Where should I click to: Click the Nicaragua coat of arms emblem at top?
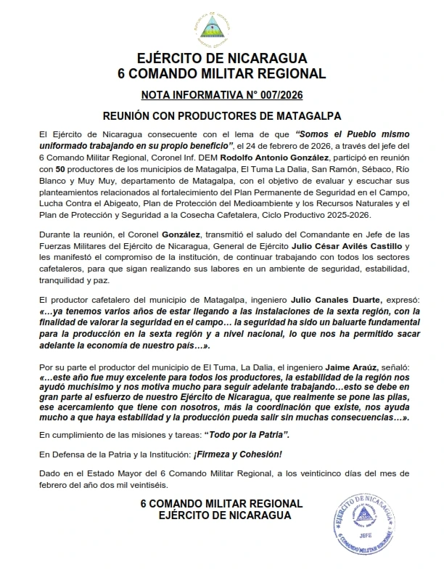pyautogui.click(x=221, y=27)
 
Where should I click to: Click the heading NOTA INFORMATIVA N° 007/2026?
pyautogui.click(x=221, y=94)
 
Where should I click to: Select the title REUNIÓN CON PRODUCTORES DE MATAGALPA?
pyautogui.click(x=221, y=115)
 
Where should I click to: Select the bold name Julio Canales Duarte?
pyautogui.click(x=320, y=299)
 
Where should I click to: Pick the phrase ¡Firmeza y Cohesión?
pyautogui.click(x=235, y=454)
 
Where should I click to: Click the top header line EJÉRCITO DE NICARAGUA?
pyautogui.click(x=221, y=60)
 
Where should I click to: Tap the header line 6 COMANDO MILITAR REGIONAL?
pyautogui.click(x=221, y=73)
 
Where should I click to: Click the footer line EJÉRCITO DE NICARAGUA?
pyautogui.click(x=221, y=515)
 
